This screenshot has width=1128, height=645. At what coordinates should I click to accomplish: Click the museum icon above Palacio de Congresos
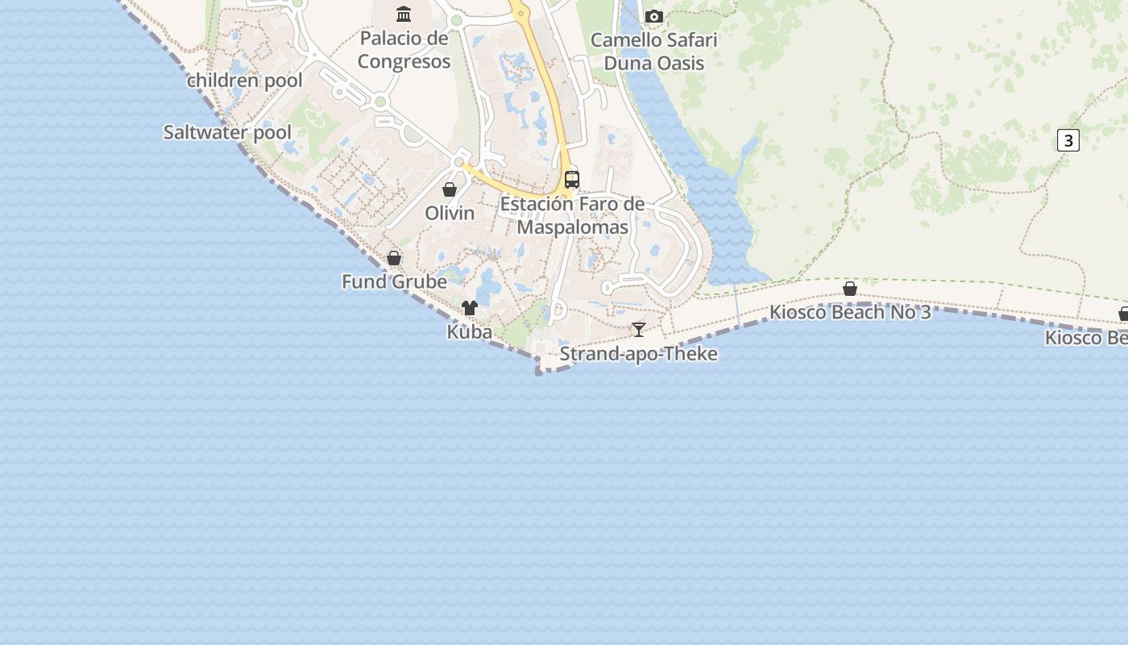(404, 14)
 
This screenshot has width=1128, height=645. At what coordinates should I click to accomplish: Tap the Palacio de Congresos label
(404, 50)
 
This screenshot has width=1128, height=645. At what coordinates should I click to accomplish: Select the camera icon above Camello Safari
(653, 16)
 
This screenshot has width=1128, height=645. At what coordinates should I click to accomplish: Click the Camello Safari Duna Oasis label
(653, 52)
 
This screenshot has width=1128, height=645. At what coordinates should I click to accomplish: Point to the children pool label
(245, 81)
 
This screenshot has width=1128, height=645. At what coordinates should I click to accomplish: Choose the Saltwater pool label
(227, 132)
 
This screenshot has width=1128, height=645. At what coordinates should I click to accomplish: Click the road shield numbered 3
(1068, 140)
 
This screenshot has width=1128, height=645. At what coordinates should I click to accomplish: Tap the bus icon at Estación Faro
(572, 179)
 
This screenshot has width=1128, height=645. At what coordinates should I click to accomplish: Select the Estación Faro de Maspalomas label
(572, 215)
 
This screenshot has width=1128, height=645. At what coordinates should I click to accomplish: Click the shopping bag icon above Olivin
(450, 189)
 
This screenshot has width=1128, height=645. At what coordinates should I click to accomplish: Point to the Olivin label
(450, 214)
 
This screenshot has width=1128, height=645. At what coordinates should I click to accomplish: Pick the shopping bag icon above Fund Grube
(394, 258)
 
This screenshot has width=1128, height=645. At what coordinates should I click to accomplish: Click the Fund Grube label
(394, 282)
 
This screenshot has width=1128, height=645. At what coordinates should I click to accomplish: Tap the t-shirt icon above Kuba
(470, 308)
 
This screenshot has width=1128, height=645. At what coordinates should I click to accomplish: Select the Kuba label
(470, 332)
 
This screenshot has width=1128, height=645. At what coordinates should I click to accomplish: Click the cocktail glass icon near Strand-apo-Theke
(639, 329)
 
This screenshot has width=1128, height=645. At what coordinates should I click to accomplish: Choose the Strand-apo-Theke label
(639, 354)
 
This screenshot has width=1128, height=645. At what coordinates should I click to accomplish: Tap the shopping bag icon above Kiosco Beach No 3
(850, 289)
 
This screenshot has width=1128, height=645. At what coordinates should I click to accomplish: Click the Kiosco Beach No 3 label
(850, 313)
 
